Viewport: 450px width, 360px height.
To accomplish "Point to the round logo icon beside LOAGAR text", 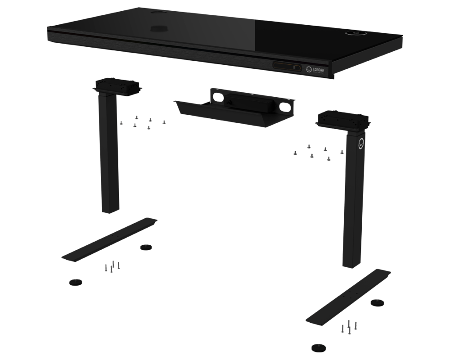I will [309, 69].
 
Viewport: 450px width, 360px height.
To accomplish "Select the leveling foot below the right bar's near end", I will [318, 347].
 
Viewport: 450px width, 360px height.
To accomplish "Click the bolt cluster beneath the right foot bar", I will [350, 326].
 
